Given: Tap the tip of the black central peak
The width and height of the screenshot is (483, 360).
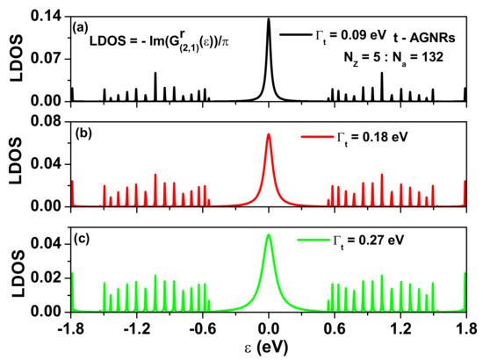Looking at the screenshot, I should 269,18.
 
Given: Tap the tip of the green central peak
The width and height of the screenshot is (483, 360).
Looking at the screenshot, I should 269,234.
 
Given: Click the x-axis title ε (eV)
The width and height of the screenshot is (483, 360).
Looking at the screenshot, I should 270,348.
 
